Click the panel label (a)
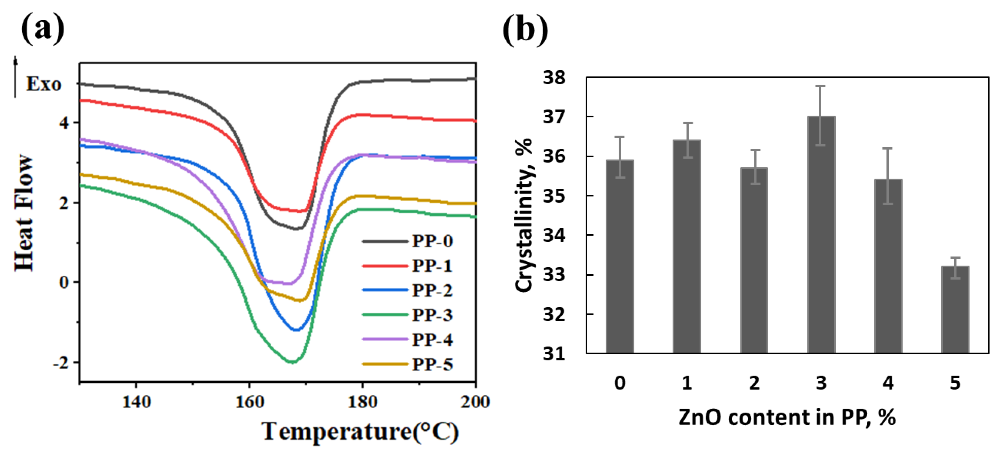point(43,28)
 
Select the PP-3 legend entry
point(432,315)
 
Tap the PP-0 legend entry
point(432,241)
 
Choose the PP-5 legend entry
point(432,364)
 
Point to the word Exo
point(44,84)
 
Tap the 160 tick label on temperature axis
point(250,401)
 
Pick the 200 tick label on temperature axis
point(475,401)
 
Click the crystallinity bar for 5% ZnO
point(955,310)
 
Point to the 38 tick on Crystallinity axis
point(554,77)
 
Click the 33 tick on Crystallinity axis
point(554,275)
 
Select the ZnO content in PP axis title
point(787,418)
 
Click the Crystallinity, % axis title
point(524,215)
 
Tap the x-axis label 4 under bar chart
point(888,383)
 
